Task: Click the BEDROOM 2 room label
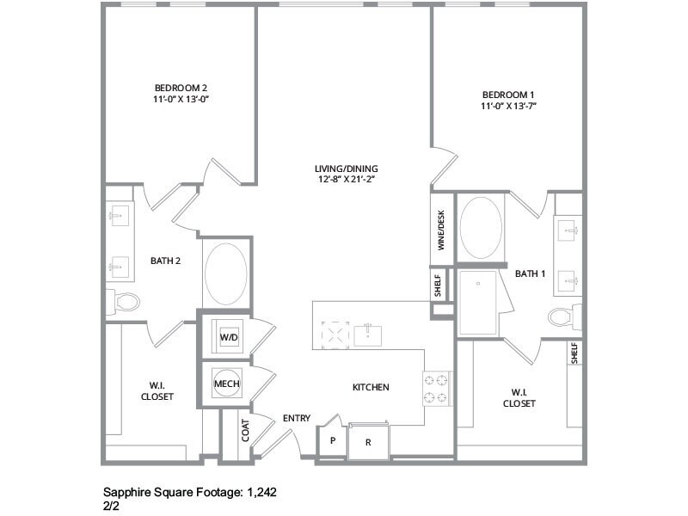[x=181, y=88]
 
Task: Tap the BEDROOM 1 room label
[x=508, y=94]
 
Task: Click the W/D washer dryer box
[x=229, y=338]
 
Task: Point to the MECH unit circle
[x=227, y=384]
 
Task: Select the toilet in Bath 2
[x=126, y=302]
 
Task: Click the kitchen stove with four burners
[x=436, y=388]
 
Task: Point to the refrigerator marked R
[x=368, y=442]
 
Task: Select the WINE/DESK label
[x=441, y=230]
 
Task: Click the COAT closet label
[x=245, y=431]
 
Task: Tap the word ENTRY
[x=297, y=419]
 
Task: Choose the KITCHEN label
[x=371, y=388]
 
